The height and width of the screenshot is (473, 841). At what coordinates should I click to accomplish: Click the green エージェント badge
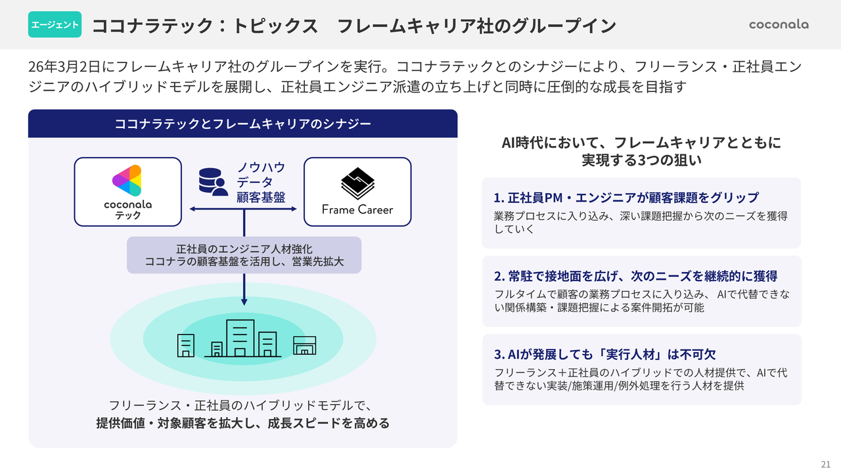click(55, 24)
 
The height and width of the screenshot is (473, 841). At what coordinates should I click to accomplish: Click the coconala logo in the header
click(779, 24)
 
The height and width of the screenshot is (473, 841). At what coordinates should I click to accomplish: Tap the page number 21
click(826, 464)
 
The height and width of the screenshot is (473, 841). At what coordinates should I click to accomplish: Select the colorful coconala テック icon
click(127, 181)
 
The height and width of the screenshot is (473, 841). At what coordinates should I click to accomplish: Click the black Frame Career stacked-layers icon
click(357, 183)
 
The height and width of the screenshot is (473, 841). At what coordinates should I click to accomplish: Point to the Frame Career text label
click(357, 210)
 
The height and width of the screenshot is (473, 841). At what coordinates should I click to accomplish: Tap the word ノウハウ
click(261, 168)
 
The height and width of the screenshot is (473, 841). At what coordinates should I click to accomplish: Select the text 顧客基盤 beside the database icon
click(261, 197)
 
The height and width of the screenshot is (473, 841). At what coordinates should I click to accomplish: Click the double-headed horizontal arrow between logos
click(243, 209)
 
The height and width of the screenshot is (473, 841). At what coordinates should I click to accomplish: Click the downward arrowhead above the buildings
click(244, 302)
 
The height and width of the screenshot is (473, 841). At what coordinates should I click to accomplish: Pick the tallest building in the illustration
click(240, 338)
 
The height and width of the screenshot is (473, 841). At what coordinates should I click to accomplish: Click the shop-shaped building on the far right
click(304, 346)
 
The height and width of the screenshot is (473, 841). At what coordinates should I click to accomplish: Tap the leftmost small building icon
click(186, 346)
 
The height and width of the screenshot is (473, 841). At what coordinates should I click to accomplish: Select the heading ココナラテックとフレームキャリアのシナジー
click(243, 124)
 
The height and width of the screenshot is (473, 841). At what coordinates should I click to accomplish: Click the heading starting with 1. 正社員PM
click(626, 198)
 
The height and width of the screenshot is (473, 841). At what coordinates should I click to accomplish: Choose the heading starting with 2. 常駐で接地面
click(635, 277)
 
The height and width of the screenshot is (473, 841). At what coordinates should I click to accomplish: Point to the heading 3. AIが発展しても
click(605, 354)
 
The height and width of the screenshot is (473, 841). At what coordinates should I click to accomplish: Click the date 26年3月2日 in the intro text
click(64, 67)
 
